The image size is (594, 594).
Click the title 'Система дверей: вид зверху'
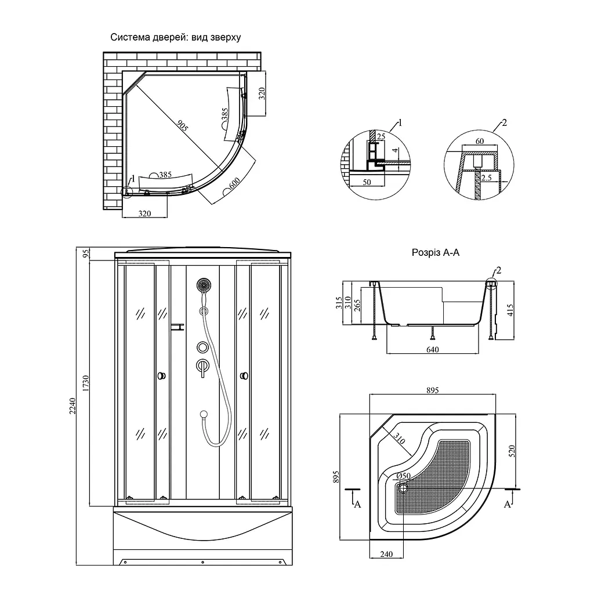[x=175, y=37]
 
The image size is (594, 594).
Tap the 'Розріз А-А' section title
[x=435, y=253]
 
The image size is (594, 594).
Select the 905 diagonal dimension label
[x=182, y=125]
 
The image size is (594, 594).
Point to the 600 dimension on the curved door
[x=234, y=184]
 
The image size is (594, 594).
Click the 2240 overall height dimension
[x=73, y=405]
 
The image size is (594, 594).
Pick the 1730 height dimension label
[x=86, y=383]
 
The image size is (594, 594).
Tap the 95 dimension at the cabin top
[x=86, y=253]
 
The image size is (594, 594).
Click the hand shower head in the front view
[x=204, y=285]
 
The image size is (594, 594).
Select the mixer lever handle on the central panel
[x=202, y=367]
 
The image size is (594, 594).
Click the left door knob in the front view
[x=162, y=376]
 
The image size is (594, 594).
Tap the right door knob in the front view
[x=244, y=376]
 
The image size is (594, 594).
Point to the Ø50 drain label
[x=404, y=476]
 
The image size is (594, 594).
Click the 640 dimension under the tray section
[x=432, y=349]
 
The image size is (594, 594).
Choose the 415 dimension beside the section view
[x=510, y=311]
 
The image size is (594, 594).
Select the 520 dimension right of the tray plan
[x=512, y=451]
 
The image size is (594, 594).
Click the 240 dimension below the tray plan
[x=386, y=554]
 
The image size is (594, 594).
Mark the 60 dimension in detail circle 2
[x=480, y=141]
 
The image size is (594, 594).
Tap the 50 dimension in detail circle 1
[x=367, y=182]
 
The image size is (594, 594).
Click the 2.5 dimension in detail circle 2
[x=487, y=178]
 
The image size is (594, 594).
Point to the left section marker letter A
[x=357, y=504]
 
